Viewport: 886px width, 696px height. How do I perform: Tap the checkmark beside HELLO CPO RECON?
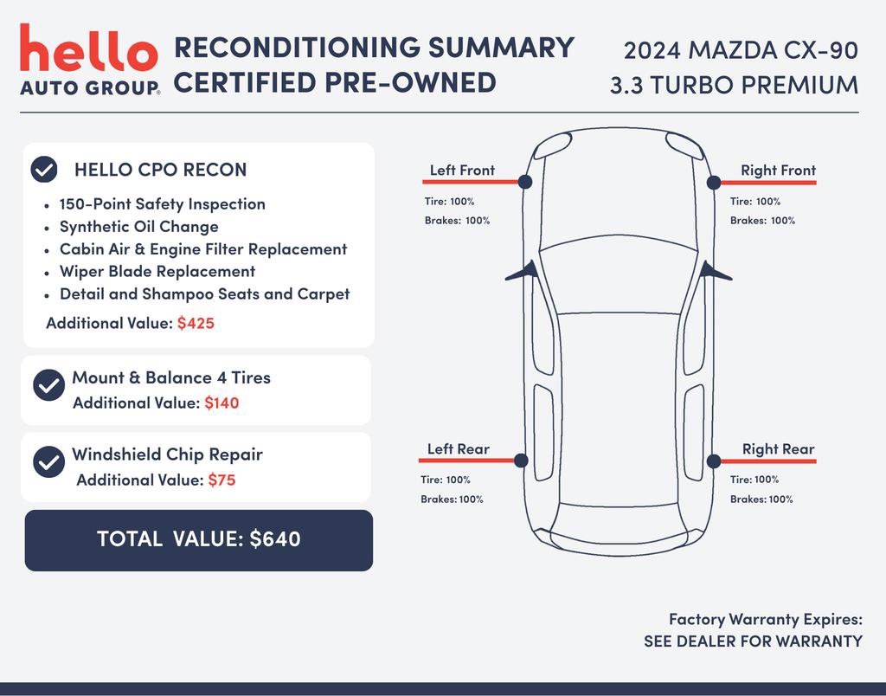click(44, 170)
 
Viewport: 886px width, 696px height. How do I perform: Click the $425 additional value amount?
click(196, 324)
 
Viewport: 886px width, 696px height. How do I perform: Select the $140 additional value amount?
click(221, 403)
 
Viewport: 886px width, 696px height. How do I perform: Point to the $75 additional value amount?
click(221, 480)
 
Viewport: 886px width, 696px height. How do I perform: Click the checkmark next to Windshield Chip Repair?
click(48, 461)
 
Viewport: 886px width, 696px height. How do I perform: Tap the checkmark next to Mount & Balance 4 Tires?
click(48, 385)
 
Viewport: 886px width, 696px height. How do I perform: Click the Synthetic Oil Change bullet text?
click(138, 227)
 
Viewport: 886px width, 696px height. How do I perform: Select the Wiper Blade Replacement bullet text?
click(157, 272)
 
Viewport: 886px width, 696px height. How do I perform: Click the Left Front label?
click(462, 171)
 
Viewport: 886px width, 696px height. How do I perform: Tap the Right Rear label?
click(778, 449)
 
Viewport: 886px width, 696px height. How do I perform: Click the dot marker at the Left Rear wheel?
click(521, 461)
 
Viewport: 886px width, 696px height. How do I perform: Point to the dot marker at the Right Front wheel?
click(714, 182)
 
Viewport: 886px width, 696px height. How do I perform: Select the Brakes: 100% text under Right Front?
click(762, 221)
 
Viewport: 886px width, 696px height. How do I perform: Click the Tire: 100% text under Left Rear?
click(446, 480)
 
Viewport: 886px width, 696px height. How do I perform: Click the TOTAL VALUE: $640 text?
click(199, 539)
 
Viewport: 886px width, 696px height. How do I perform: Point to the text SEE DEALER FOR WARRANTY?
click(753, 641)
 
